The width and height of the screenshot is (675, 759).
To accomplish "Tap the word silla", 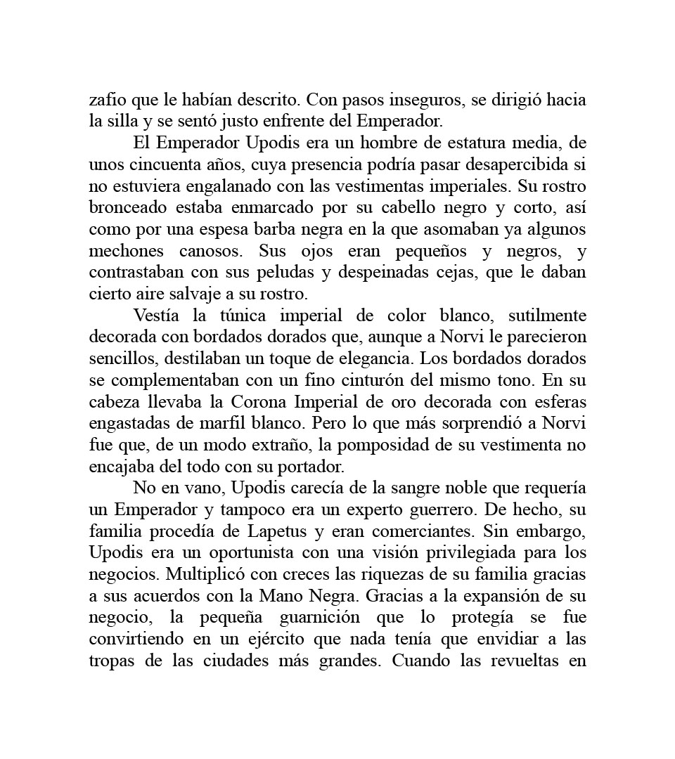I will [x=125, y=121].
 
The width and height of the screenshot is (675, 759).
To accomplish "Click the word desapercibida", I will [x=527, y=164].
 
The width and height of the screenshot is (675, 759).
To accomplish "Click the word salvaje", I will [x=214, y=294].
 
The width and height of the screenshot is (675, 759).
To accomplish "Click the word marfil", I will [x=239, y=424].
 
